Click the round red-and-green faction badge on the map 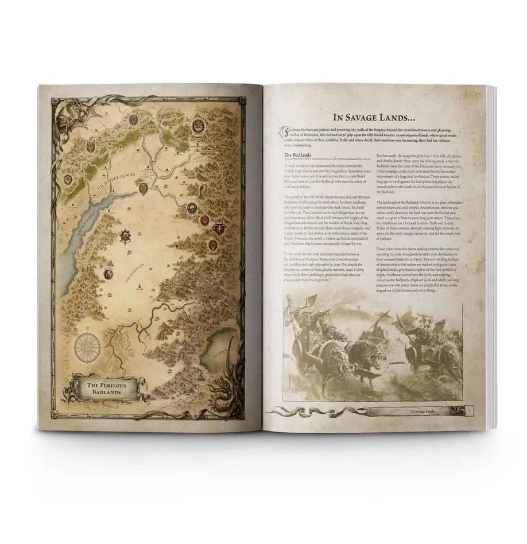107,274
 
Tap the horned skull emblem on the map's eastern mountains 219,229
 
